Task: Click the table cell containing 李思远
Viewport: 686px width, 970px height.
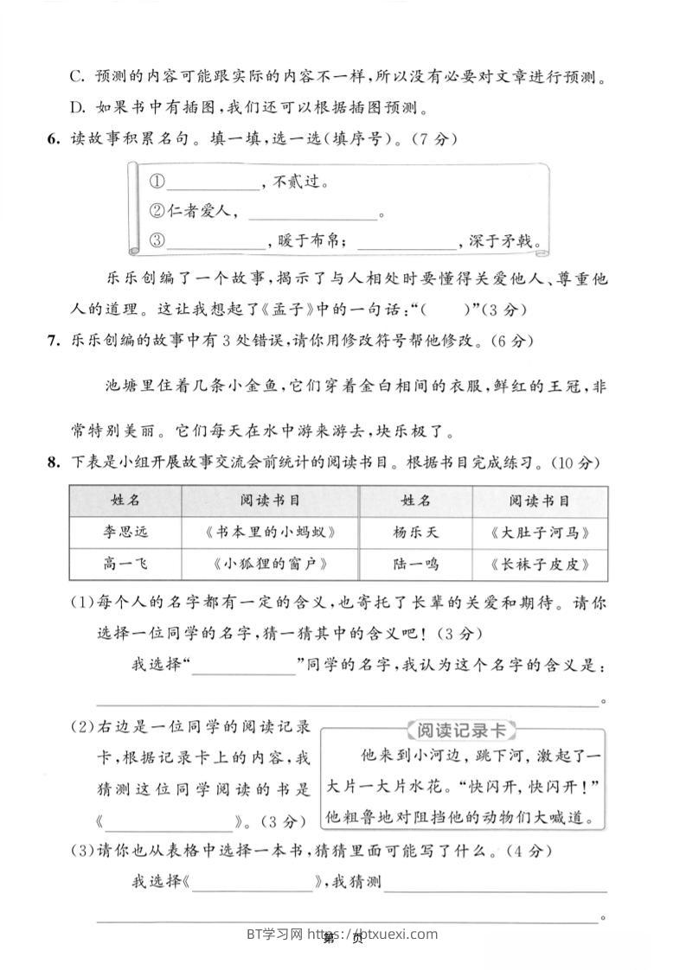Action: coord(125,532)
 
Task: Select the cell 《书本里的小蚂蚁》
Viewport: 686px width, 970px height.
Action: coord(270,532)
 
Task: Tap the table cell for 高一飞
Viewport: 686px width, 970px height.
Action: coord(125,564)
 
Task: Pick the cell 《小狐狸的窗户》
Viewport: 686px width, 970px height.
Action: coord(270,564)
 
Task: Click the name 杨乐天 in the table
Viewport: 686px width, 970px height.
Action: coord(415,532)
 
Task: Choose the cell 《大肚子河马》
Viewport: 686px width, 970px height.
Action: coord(539,532)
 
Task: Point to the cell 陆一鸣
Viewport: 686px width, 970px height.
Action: coord(415,564)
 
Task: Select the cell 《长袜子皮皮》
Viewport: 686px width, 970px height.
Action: coord(539,564)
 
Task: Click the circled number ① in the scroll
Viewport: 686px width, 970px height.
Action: coord(157,182)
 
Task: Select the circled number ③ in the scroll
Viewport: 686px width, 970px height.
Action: coord(157,241)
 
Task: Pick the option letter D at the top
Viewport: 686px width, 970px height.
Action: coord(76,107)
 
